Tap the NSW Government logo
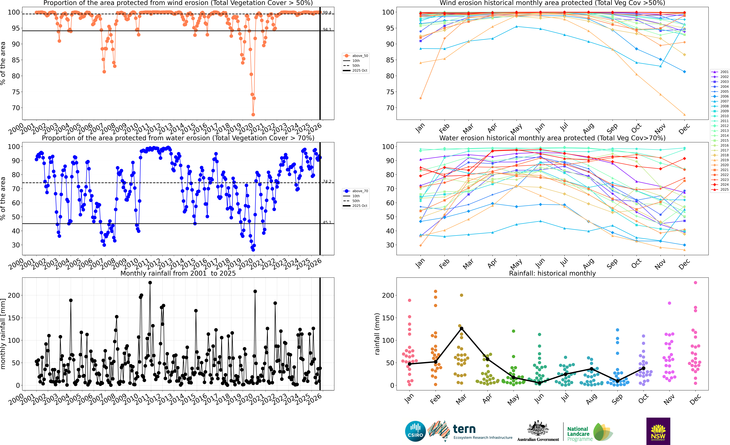(658, 431)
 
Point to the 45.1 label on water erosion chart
(327, 222)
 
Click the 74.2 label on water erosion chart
(327, 181)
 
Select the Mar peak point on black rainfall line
(461, 328)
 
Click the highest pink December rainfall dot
(695, 283)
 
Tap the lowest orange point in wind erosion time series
(253, 115)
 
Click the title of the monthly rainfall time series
(178, 273)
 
